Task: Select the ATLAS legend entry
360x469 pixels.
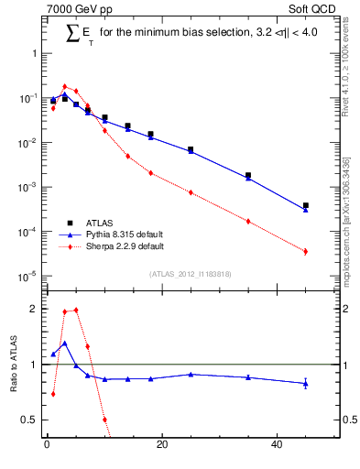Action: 101,223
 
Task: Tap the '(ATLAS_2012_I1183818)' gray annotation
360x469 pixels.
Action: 190,274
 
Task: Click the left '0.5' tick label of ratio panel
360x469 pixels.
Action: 28,420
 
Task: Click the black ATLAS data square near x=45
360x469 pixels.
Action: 306,206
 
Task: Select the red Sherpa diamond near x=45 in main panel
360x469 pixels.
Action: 306,251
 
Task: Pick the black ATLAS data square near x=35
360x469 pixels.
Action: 248,175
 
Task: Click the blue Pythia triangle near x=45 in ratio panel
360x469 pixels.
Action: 306,383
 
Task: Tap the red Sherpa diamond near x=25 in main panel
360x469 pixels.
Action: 191,192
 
